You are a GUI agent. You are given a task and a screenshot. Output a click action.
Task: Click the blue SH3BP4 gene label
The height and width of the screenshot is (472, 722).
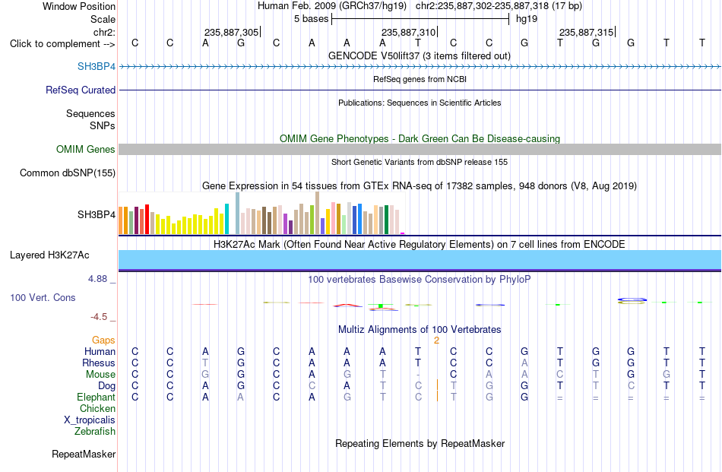point(97,66)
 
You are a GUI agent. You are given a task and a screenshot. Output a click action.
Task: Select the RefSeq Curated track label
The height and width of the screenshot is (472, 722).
point(81,90)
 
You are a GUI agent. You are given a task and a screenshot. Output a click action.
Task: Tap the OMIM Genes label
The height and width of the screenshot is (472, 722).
point(86,149)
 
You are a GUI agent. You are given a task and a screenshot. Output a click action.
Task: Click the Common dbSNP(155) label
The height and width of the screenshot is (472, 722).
point(68,173)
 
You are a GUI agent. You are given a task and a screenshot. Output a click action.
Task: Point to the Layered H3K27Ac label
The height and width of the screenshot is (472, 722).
point(49,255)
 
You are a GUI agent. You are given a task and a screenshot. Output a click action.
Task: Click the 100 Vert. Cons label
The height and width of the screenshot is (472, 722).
point(43,297)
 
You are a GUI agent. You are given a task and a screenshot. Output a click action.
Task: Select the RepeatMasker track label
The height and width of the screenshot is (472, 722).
point(84,454)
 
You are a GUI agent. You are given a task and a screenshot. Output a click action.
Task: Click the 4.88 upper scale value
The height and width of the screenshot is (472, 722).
point(97,279)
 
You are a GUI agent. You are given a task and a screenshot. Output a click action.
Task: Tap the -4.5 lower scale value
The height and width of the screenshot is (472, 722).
point(99,317)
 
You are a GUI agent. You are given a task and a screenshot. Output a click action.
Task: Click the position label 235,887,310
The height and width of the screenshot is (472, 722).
point(408,32)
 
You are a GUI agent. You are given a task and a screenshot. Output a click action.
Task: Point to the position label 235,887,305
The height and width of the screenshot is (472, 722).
point(232,32)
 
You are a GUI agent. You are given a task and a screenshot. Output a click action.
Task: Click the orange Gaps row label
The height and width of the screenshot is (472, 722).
point(103,340)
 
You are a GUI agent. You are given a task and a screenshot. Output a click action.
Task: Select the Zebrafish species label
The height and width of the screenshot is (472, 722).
point(95,432)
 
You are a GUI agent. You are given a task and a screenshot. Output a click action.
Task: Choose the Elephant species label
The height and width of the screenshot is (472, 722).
point(97,397)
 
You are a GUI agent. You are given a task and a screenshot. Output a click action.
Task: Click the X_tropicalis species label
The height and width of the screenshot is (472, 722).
point(90,420)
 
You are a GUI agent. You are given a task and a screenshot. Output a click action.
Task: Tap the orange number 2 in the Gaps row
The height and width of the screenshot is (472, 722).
point(436,341)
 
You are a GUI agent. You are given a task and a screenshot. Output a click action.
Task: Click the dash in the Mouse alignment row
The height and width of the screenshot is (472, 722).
point(418,375)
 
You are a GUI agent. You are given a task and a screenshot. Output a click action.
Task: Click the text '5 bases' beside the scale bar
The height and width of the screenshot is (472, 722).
point(312,19)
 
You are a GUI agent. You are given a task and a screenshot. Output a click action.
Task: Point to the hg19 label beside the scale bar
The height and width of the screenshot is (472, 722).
point(527,19)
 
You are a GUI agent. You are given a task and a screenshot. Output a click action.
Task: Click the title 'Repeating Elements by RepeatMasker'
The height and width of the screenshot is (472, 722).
point(420,443)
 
